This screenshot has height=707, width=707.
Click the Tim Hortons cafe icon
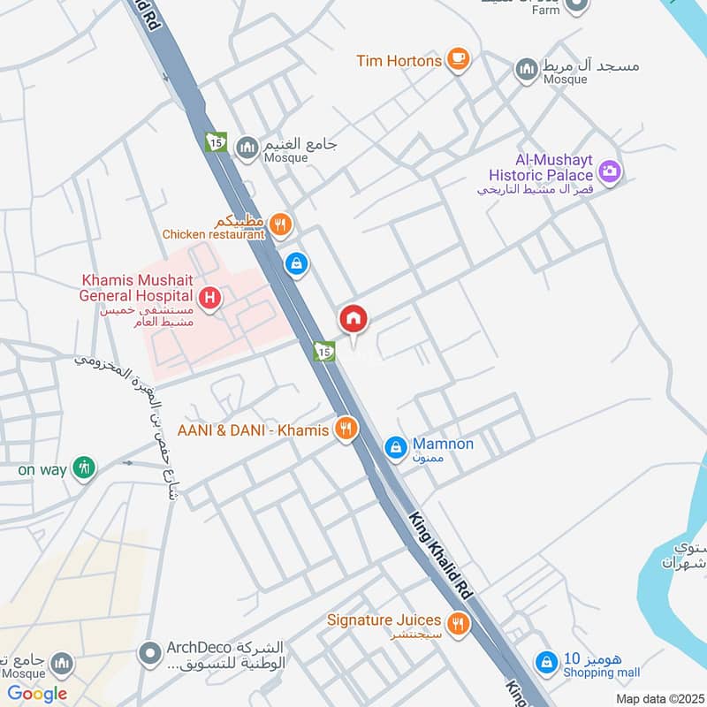point(458,60)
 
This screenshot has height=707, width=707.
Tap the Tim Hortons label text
point(399,61)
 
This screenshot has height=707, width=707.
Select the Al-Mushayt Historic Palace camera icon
point(609,170)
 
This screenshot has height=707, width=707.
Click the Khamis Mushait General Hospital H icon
point(209,298)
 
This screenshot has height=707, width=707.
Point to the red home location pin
point(353,320)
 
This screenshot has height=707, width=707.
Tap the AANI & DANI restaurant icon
point(346,430)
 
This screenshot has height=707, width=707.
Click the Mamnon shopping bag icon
point(397,448)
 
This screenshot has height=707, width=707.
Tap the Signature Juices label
point(385,620)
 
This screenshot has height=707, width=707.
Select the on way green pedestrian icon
point(84,468)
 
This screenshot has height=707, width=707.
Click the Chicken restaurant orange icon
point(280,224)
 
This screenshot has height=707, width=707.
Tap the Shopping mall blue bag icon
point(548,661)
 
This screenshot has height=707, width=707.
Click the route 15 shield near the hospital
point(324,352)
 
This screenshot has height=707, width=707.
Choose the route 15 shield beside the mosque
point(216,141)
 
